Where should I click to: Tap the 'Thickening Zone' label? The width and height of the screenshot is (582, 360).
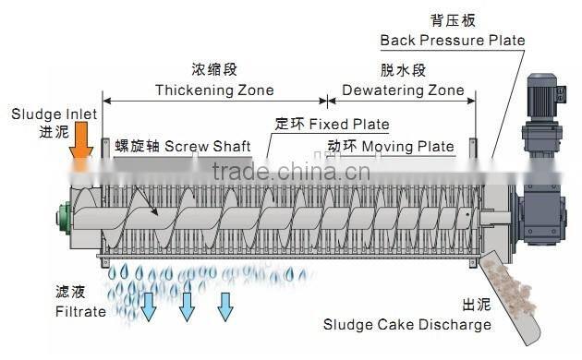click(214, 90)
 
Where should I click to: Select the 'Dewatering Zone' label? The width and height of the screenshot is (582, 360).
click(396, 90)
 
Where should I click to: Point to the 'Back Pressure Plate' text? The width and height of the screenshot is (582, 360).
click(453, 41)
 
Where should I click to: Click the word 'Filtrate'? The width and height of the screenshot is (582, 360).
click(79, 312)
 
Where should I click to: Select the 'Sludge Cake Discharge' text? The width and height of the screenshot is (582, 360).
click(406, 324)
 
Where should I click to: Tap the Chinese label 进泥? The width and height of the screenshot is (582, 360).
click(29, 132)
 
